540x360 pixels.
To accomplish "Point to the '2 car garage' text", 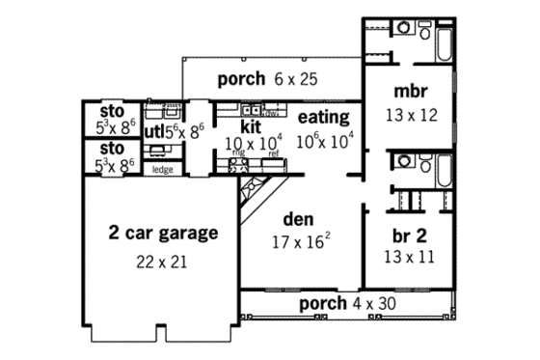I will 162,233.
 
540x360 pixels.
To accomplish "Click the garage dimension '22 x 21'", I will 162,262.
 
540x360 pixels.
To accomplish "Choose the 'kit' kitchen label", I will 251,125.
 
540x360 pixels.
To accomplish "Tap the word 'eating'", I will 322,118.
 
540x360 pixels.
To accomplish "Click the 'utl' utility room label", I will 154,130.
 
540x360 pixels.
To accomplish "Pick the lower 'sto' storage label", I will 112,150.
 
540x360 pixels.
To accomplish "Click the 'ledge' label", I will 162,170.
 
